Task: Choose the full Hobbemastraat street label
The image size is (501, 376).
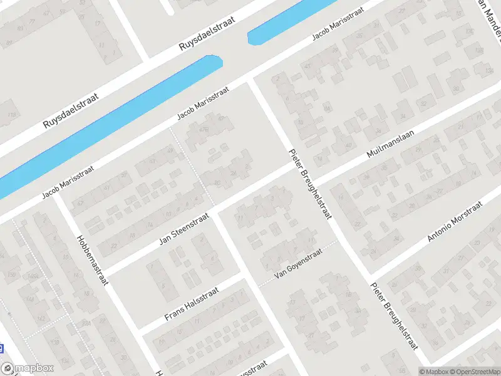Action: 91,260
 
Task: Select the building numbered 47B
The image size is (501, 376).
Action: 204,129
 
